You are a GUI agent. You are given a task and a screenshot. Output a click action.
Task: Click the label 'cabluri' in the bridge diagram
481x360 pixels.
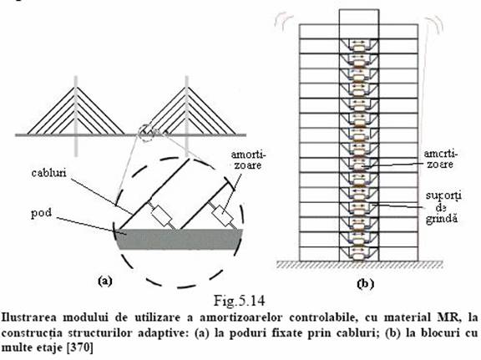(48, 173)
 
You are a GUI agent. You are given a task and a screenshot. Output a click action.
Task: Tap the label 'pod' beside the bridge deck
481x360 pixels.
(41, 213)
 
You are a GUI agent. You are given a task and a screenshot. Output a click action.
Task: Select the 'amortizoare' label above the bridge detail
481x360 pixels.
(248, 160)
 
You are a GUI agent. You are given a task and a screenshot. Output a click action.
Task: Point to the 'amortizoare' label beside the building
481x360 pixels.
(440, 159)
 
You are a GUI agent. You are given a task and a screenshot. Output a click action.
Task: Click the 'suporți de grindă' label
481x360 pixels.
(443, 207)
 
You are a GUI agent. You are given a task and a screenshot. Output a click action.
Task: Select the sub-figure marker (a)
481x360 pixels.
(105, 281)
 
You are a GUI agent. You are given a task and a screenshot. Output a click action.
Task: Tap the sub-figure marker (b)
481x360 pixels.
(366, 283)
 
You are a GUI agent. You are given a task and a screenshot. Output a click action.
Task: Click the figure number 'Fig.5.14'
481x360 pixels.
(239, 301)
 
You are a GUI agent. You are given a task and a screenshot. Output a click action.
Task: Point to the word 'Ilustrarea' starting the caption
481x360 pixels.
(29, 317)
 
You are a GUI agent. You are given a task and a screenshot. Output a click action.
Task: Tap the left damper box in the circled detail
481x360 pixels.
(161, 215)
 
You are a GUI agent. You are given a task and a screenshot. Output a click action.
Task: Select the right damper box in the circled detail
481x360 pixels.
(223, 215)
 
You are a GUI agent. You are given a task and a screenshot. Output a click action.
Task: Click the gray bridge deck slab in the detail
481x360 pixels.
(180, 239)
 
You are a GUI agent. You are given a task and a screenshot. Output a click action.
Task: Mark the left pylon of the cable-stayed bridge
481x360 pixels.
(76, 116)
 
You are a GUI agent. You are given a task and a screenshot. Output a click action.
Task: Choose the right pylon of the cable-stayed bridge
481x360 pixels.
(186, 116)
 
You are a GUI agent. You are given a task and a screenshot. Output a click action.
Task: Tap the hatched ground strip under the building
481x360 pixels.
(360, 265)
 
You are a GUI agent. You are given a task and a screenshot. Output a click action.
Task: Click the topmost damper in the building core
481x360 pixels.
(358, 48)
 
